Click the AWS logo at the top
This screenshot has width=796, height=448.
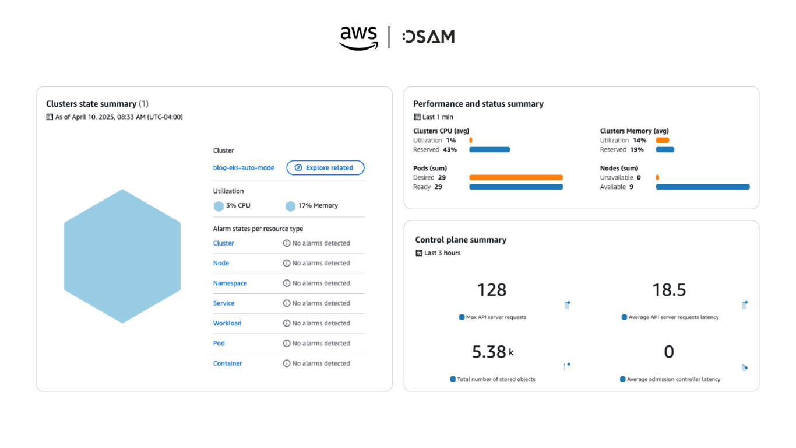tap(359, 37)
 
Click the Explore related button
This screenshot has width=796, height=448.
tap(325, 168)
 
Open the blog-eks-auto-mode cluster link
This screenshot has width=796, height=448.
tap(244, 168)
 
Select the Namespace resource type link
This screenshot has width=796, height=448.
tap(230, 283)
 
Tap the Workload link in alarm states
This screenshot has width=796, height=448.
tap(227, 323)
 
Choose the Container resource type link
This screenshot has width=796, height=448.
tap(228, 363)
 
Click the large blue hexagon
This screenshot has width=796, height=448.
tap(122, 256)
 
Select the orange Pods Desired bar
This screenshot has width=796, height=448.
tap(516, 177)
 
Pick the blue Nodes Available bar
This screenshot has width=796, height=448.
tap(703, 187)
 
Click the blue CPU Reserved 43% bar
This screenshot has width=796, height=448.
tap(489, 150)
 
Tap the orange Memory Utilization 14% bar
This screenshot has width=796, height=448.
tap(663, 141)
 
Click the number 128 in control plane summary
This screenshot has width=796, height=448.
tap(492, 290)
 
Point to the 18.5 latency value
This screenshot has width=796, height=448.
tap(669, 290)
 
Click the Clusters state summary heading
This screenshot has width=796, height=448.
tap(91, 104)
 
